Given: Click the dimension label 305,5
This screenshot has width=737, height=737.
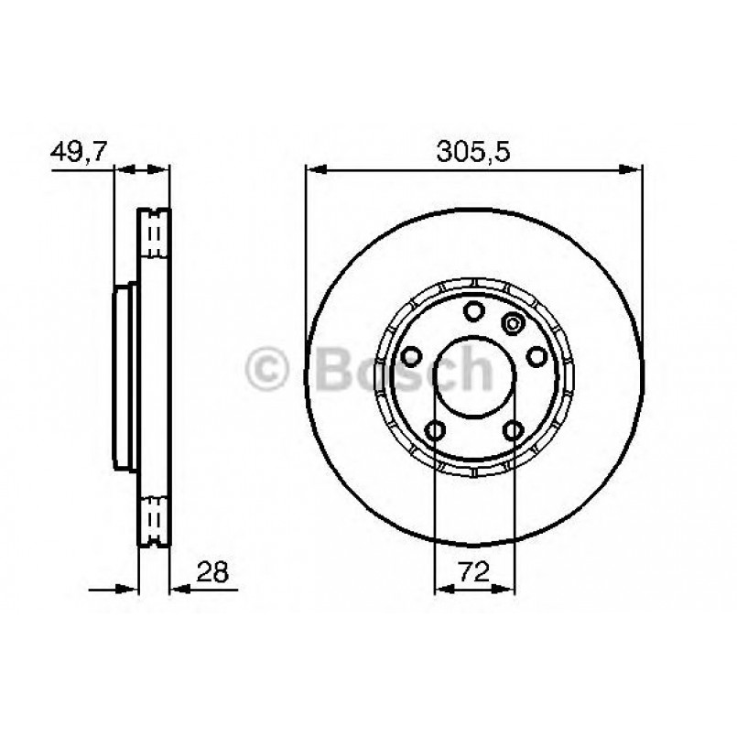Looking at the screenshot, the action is pyautogui.click(x=472, y=152).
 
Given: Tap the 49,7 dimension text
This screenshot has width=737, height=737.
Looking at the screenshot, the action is pyautogui.click(x=80, y=152).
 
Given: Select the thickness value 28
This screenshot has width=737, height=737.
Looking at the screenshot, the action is pyautogui.click(x=212, y=571).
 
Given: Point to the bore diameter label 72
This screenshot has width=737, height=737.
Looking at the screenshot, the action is pyautogui.click(x=474, y=571).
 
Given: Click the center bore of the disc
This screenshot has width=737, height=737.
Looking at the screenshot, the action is pyautogui.click(x=475, y=376).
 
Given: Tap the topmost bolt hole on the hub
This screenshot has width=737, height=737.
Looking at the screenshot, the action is pyautogui.click(x=474, y=311).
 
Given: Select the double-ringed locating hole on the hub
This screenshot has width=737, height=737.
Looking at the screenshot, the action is pyautogui.click(x=514, y=323).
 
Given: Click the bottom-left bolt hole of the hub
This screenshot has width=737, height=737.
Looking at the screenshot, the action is pyautogui.click(x=435, y=430).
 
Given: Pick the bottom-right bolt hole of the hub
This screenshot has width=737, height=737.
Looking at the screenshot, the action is pyautogui.click(x=514, y=430).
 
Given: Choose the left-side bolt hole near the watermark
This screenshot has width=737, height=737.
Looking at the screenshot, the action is pyautogui.click(x=412, y=357).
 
